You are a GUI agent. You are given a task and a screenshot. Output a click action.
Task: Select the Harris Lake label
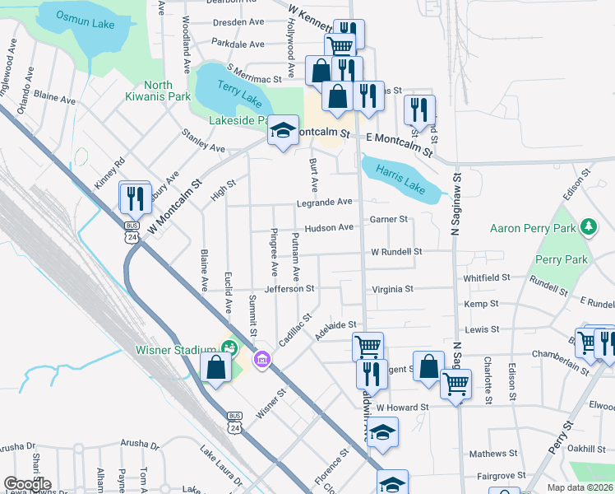click(400, 180)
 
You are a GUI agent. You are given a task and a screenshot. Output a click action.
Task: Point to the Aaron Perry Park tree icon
click(588, 226)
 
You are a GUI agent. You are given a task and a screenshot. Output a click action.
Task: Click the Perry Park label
click(562, 259)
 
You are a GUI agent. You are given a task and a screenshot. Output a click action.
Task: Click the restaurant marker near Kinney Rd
click(135, 198)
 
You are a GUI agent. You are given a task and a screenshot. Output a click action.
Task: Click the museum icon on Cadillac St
click(261, 359)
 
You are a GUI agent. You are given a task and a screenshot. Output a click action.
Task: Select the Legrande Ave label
click(325, 202)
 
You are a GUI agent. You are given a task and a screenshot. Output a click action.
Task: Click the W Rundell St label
click(396, 251)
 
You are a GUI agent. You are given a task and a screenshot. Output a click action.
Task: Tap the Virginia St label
click(391, 289)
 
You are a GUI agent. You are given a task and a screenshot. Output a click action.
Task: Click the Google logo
click(26, 483)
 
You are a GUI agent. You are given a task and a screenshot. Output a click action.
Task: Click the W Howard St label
click(403, 408)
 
